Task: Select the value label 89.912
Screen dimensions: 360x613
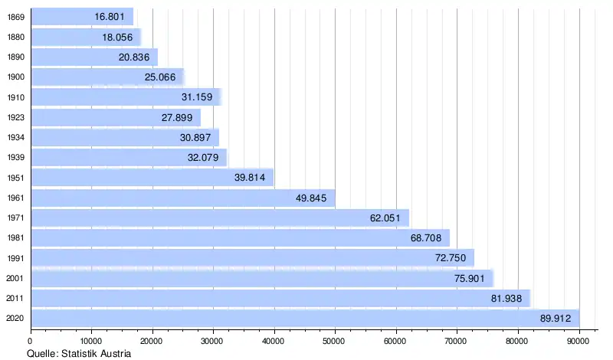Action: coord(556,318)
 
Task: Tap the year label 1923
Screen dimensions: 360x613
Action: coord(15,117)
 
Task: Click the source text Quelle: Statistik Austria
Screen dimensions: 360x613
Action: coord(79,353)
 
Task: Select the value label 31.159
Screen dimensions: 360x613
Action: coord(197,97)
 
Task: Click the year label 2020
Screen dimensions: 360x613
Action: coord(15,318)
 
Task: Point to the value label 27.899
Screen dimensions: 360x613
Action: coord(177,117)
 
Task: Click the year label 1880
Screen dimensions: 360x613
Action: coord(15,37)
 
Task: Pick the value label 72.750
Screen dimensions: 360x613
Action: coord(451,258)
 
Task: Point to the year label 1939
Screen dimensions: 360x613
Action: coord(15,158)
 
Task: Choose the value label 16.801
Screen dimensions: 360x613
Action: coord(110,16)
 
